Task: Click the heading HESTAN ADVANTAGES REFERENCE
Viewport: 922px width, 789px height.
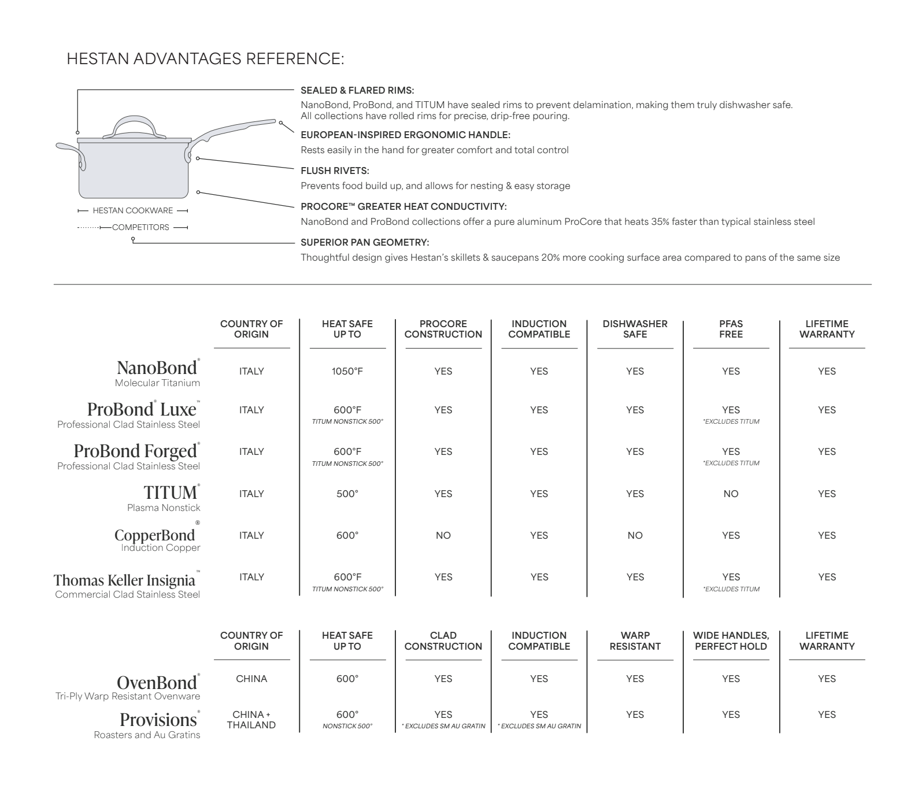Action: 205,59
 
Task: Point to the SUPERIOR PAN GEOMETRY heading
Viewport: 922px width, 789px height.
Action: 365,243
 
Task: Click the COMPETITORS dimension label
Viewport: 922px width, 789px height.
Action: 140,227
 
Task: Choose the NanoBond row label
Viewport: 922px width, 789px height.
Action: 157,368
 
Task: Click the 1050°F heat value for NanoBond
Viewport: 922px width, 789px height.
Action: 347,372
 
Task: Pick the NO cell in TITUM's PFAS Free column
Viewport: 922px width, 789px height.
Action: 731,494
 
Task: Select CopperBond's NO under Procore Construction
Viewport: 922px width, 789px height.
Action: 443,536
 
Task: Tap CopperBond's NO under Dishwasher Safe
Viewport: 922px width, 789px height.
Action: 635,536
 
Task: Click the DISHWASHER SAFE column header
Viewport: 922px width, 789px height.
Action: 635,329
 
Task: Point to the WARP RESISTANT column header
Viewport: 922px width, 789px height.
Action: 635,641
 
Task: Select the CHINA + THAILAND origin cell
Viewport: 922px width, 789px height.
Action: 251,720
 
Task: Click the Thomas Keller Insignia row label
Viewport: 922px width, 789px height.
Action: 124,580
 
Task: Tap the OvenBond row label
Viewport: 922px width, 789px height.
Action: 156,683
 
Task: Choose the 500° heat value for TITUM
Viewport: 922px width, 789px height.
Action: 347,494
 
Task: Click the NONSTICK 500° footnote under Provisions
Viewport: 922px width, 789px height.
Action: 347,727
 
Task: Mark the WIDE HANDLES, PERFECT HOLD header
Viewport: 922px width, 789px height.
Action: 731,641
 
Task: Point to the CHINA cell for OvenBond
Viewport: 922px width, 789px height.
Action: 251,679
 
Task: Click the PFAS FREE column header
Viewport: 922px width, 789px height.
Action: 731,329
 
